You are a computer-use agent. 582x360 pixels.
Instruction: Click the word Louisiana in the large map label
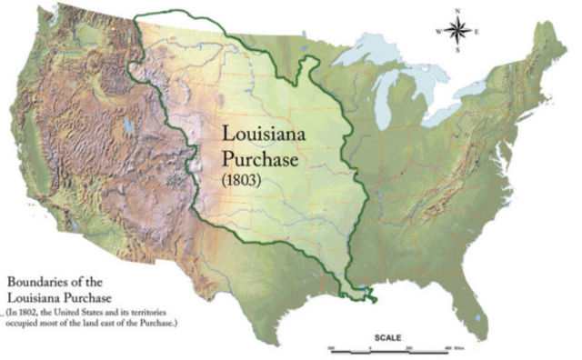[x=268, y=134]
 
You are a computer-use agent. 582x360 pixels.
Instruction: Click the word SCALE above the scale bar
[x=386, y=337]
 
